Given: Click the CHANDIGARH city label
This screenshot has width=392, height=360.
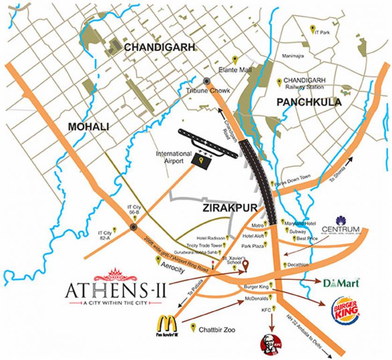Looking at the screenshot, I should [159, 47].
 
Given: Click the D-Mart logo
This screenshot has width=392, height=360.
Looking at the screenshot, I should [341, 283].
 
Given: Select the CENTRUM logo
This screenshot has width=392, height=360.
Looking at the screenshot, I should [347, 225].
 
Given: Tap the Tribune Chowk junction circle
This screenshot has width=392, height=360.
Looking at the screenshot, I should [207, 81].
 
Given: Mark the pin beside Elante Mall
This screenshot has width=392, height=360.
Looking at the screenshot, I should [236, 60].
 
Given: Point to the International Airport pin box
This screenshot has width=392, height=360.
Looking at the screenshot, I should [201, 160].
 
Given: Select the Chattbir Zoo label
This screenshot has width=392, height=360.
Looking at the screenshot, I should [217, 330].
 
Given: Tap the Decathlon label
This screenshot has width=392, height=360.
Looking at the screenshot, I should [298, 265].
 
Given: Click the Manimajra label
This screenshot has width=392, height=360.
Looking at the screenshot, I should [294, 56].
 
